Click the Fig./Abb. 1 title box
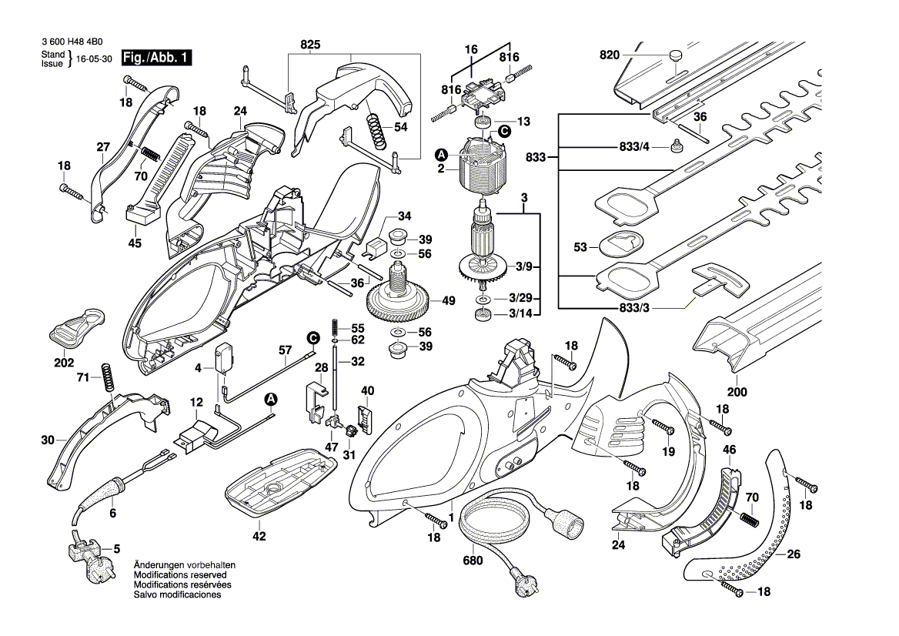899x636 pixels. point(158,59)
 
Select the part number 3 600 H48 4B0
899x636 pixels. point(75,44)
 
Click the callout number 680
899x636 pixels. point(473,561)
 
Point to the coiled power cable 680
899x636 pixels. point(496,524)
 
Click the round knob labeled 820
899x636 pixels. point(675,57)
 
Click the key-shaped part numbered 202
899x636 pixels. point(77,329)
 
